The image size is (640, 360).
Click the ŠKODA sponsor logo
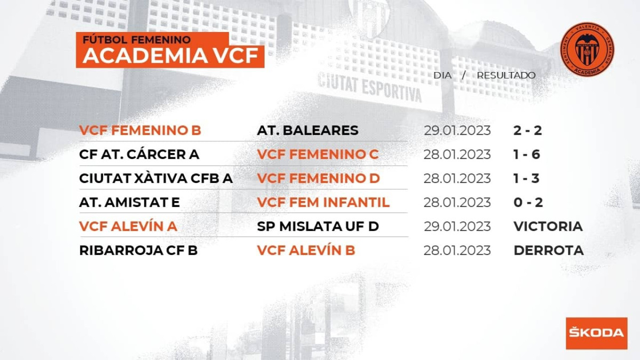tap(597, 333)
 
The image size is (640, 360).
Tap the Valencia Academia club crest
tap(587, 50)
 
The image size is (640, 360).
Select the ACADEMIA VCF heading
tap(171, 55)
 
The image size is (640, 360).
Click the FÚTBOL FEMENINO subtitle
tap(137, 39)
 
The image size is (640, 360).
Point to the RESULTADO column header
tap(506, 75)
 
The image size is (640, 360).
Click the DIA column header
tap(443, 75)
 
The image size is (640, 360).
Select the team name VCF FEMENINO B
tap(140, 130)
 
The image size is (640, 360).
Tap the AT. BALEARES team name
tap(307, 130)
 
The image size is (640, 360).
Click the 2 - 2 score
tap(527, 130)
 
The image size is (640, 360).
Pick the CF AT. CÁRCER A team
tap(139, 154)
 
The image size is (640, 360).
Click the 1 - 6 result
tap(526, 154)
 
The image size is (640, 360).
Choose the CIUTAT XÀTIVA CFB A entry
tap(156, 178)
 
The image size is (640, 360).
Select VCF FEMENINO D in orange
tap(318, 178)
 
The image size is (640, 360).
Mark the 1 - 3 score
tap(526, 178)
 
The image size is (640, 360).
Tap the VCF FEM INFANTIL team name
tap(323, 202)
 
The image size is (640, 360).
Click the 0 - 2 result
tap(528, 202)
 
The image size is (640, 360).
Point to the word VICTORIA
tap(548, 226)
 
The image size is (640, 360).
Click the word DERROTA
tap(549, 250)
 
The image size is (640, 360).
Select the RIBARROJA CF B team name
tap(138, 250)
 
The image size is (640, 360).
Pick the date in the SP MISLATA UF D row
tap(457, 226)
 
